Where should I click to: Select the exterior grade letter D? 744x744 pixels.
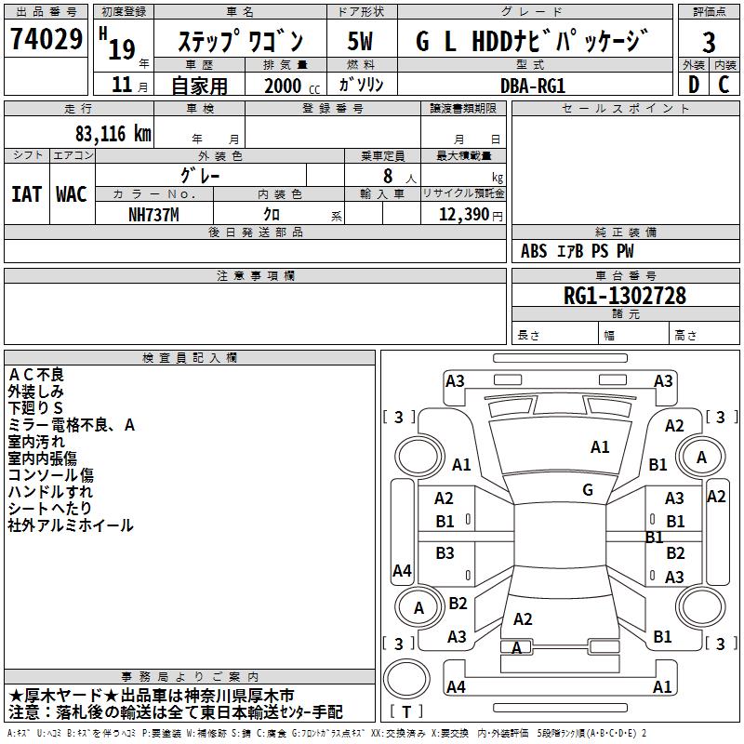point(693,85)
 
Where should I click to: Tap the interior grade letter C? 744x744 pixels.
point(724,85)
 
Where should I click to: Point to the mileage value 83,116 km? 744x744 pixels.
point(113,134)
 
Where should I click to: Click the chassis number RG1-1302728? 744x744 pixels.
point(625,296)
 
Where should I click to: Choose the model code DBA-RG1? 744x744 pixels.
point(533,85)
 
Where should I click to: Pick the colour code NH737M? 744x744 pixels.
point(153,214)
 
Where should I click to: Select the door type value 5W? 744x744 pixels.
point(361,42)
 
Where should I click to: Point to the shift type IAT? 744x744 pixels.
point(26,193)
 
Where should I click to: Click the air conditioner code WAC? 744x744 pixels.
point(72,193)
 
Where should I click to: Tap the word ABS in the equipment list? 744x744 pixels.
point(534,251)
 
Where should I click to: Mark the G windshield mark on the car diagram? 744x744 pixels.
point(588,490)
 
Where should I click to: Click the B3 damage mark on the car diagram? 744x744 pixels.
point(445,552)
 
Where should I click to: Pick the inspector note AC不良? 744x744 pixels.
point(36,374)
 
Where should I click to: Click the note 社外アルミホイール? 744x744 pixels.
point(71,525)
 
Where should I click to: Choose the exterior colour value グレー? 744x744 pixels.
point(200,175)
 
